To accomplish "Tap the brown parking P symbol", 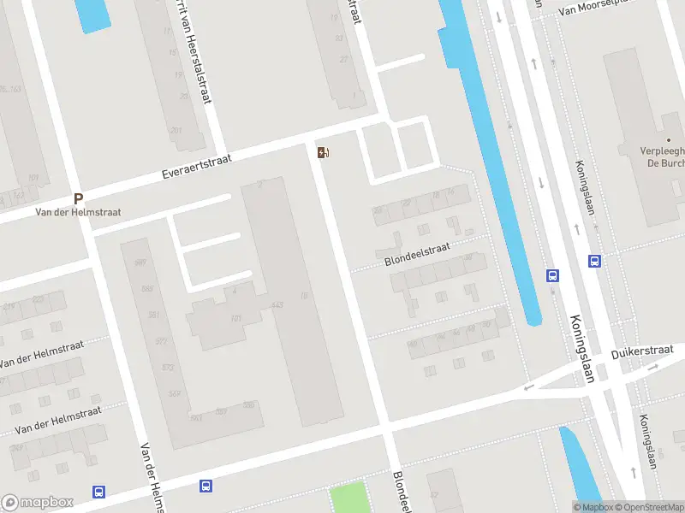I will click(x=78, y=198).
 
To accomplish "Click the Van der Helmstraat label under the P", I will click(x=78, y=212).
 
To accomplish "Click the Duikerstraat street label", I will click(x=642, y=351).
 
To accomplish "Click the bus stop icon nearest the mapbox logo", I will click(x=99, y=492).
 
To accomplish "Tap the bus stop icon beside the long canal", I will click(x=553, y=275).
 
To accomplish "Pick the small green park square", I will click(x=348, y=498).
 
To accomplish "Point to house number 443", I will click(x=277, y=305).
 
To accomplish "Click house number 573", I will click(x=167, y=367).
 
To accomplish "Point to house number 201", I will click(x=176, y=131).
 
